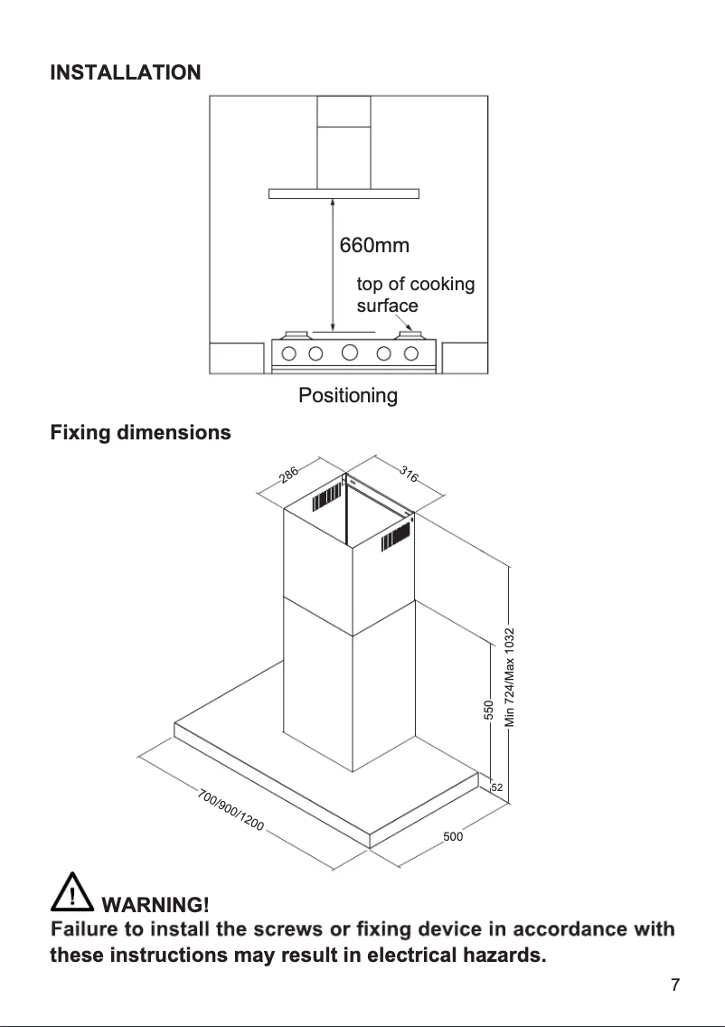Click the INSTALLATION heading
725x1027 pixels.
pyautogui.click(x=125, y=72)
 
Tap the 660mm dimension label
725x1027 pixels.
pyautogui.click(x=373, y=246)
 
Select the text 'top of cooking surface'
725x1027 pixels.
pyautogui.click(x=415, y=295)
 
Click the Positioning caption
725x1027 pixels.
pyautogui.click(x=348, y=396)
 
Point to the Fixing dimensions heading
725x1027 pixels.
pyautogui.click(x=140, y=433)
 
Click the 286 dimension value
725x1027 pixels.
pyautogui.click(x=289, y=475)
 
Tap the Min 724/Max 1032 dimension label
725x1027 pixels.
pyautogui.click(x=510, y=677)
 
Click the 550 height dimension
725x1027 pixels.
pyautogui.click(x=488, y=711)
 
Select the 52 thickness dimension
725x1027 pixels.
pyautogui.click(x=496, y=788)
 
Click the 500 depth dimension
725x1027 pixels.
pyautogui.click(x=453, y=837)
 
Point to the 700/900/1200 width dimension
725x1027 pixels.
pyautogui.click(x=231, y=811)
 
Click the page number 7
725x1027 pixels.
pyautogui.click(x=674, y=985)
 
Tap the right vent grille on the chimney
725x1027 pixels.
pyautogui.click(x=398, y=537)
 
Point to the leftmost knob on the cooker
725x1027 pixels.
pyautogui.click(x=291, y=353)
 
